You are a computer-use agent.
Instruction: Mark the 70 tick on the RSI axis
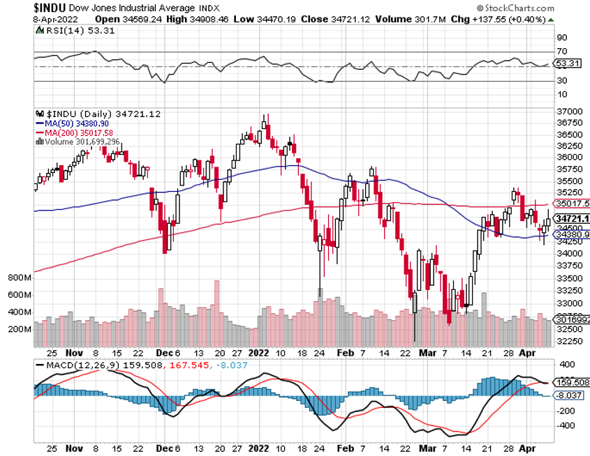click(561, 52)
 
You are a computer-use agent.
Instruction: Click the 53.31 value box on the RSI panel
click(569, 63)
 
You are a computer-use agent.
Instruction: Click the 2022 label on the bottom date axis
click(259, 353)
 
